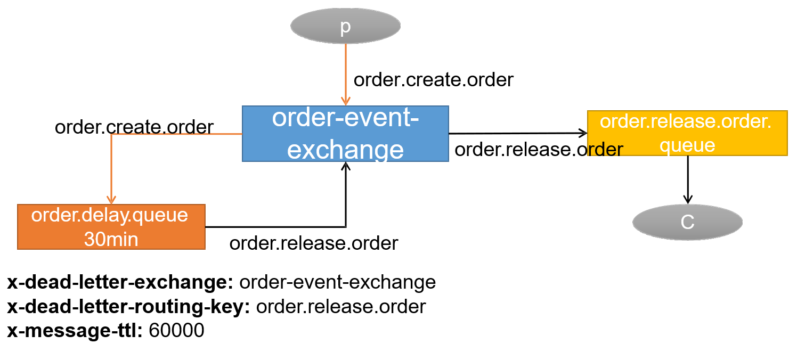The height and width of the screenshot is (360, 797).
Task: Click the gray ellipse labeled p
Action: [x=345, y=26]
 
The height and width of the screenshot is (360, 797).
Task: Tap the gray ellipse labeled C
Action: [x=687, y=222]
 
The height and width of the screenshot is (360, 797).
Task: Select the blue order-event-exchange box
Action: [x=345, y=134]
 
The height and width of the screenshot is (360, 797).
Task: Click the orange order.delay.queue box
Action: [x=111, y=227]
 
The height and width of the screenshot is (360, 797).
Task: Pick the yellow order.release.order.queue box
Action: [x=687, y=133]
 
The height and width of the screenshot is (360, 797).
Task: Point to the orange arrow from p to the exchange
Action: [x=345, y=75]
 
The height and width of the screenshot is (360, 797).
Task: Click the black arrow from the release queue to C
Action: [x=688, y=179]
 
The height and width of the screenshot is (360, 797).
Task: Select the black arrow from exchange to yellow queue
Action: [x=518, y=133]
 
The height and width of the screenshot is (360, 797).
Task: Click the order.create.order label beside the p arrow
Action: [x=433, y=80]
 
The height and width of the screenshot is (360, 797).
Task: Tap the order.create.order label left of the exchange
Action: [x=134, y=127]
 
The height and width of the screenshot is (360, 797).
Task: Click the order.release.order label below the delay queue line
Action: [x=314, y=243]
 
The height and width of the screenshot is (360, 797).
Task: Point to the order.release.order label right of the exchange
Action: [x=539, y=150]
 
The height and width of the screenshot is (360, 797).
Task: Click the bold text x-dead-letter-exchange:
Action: [x=120, y=282]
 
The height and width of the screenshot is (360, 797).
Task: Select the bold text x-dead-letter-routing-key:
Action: [x=129, y=307]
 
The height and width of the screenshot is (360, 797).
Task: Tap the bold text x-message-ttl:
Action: [x=75, y=331]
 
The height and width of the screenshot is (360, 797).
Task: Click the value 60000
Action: [x=176, y=331]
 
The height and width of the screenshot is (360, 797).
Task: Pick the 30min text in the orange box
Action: [x=111, y=239]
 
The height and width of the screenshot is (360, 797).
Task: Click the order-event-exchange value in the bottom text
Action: [x=338, y=282]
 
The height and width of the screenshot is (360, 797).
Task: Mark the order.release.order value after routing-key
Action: [x=341, y=307]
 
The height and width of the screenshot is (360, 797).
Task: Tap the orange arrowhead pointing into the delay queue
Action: [x=111, y=200]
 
